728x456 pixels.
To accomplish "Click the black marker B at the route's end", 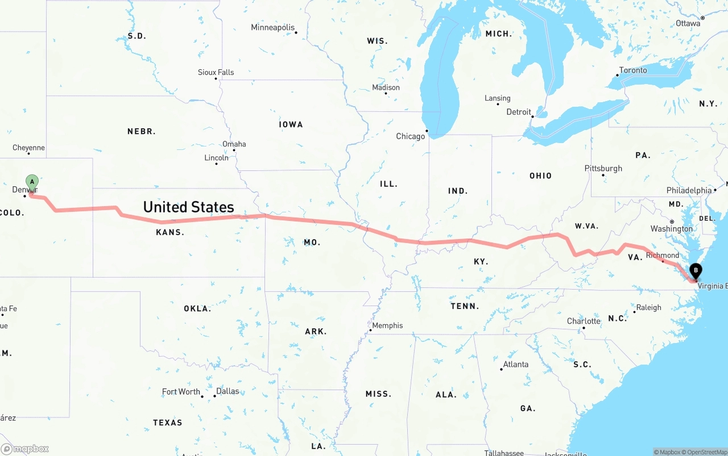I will click(x=695, y=270).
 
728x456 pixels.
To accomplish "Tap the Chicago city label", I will click(x=411, y=136).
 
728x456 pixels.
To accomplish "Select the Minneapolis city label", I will click(x=273, y=27).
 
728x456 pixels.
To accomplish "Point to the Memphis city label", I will click(x=387, y=325).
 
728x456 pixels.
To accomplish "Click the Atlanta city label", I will click(x=516, y=365).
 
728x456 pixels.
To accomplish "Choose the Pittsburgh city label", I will click(x=603, y=169).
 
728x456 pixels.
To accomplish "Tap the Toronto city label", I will click(x=633, y=70).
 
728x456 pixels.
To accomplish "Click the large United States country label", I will click(x=188, y=207).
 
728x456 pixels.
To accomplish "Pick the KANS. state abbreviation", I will click(x=170, y=232).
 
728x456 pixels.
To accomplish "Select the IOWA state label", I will click(x=291, y=124).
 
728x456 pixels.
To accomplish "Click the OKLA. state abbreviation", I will click(x=197, y=309).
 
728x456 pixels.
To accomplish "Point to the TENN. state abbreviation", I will click(x=465, y=306).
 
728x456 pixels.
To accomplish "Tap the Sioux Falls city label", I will click(x=216, y=72).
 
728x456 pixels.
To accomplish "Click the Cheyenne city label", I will click(x=28, y=148).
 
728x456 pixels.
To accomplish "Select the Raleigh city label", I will click(x=648, y=308).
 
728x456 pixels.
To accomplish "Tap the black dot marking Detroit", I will click(x=533, y=117).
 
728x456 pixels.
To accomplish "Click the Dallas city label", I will click(x=227, y=391).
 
